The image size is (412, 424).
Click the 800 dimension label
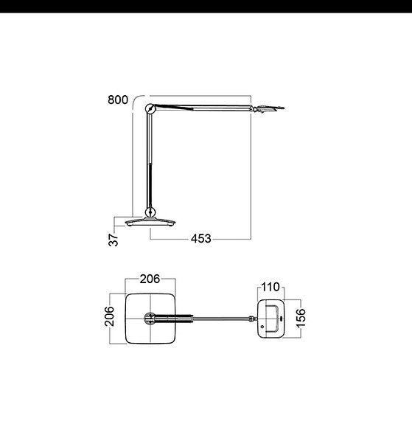coord(117,100)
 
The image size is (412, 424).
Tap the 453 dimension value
coord(200,238)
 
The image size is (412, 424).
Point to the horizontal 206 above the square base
coord(150,279)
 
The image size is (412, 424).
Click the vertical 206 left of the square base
coord(108,319)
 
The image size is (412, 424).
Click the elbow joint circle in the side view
coord(151,110)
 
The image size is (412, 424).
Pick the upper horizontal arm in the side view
coord(203,108)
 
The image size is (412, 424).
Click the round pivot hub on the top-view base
coord(150,319)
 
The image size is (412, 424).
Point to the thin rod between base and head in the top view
coord(221,319)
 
